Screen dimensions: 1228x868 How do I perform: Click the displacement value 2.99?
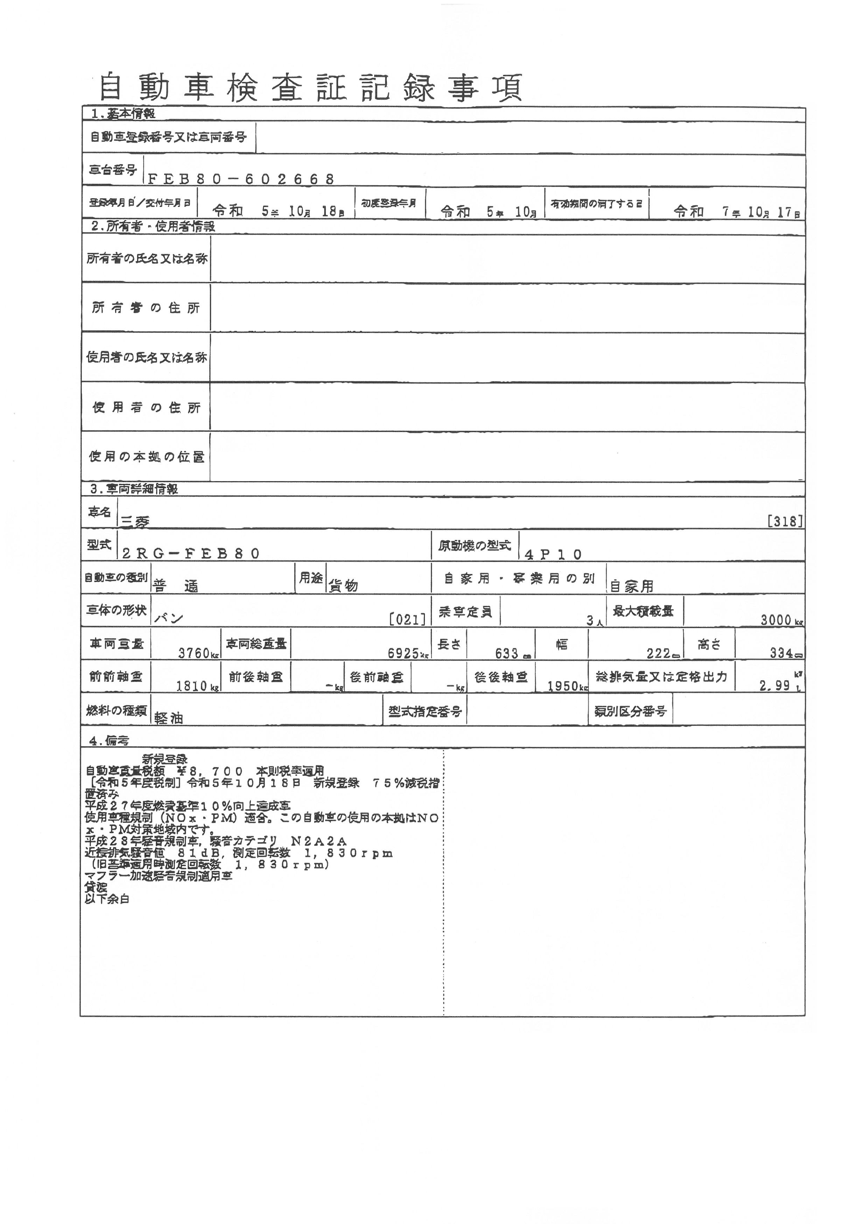click(x=775, y=685)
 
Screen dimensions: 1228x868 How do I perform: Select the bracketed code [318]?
click(x=785, y=521)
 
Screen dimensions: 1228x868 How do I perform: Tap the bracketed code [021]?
click(x=408, y=619)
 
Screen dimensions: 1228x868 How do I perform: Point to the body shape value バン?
click(x=169, y=619)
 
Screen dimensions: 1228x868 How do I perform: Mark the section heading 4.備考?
click(x=110, y=741)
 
